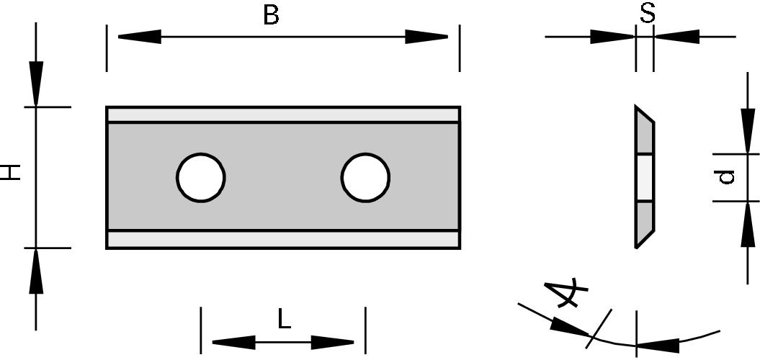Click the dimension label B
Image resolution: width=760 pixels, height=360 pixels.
(x=271, y=16)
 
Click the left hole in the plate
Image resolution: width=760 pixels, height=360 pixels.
(x=202, y=177)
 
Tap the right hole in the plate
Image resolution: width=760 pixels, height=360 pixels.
(x=366, y=177)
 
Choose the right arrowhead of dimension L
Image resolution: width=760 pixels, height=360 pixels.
(x=333, y=342)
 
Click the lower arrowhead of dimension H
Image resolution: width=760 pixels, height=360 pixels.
(x=36, y=271)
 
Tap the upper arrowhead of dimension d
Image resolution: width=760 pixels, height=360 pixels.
(x=745, y=131)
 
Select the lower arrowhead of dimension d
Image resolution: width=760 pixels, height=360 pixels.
(x=745, y=224)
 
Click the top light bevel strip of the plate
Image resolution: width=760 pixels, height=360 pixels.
(x=282, y=115)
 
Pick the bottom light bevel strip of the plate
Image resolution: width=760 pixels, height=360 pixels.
(x=282, y=239)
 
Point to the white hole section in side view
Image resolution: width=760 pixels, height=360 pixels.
(x=644, y=177)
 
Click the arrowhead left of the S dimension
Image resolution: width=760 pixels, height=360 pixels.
(x=612, y=36)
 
